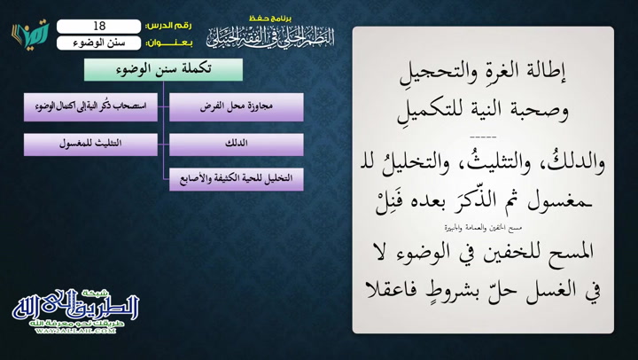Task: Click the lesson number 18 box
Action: tap(98, 27)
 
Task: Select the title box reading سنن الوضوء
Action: tap(98, 42)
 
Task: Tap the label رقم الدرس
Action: tap(165, 27)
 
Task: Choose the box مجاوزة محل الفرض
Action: tap(237, 106)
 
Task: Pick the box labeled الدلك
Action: tap(237, 144)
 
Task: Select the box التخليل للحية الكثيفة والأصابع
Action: tap(237, 177)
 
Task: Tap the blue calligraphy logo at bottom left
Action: tap(76, 306)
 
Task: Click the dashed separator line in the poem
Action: tap(483, 136)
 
